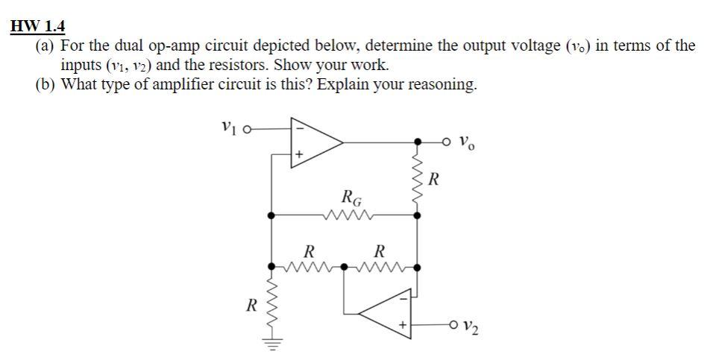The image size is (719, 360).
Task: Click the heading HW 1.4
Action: pyautogui.click(x=38, y=27)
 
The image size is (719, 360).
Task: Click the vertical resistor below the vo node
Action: pyautogui.click(x=417, y=177)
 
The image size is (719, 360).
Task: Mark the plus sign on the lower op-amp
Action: pyautogui.click(x=404, y=325)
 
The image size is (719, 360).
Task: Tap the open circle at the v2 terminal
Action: pyautogui.click(x=453, y=325)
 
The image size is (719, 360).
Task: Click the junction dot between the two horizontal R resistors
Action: pyautogui.click(x=344, y=266)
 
